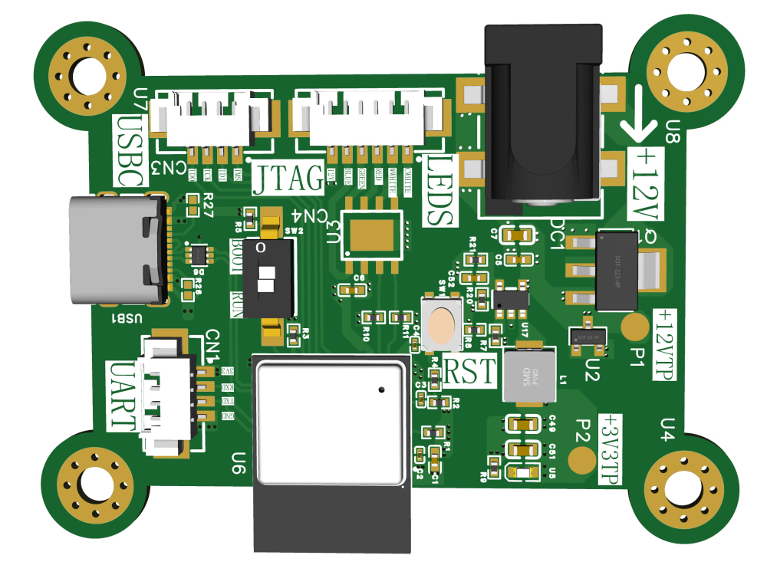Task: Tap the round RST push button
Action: coord(443,324)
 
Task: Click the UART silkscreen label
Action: coord(123,396)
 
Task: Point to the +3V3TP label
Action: coord(611,449)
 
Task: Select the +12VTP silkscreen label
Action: coord(665,346)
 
